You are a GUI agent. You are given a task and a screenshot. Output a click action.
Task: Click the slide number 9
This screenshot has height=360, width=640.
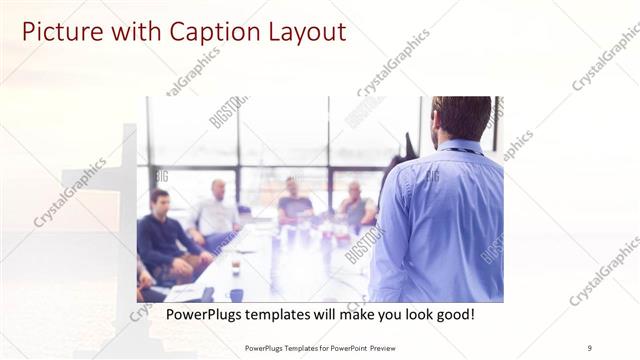(589, 347)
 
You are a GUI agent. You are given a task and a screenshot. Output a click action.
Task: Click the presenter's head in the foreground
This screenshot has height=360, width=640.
(462, 118)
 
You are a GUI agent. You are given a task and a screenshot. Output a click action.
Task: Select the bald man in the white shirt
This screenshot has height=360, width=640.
(216, 209)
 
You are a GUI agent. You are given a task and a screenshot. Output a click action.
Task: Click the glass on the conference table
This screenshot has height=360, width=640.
(236, 265)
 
